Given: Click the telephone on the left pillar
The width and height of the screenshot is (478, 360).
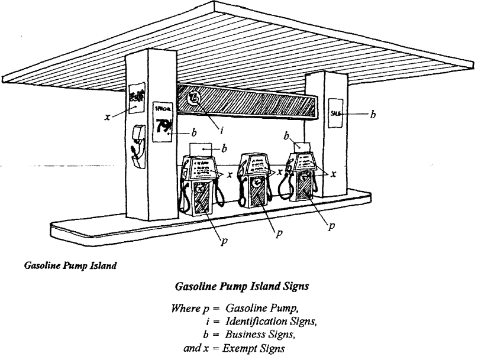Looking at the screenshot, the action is click(x=137, y=142).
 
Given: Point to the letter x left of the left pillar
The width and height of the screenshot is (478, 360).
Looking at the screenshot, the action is click(x=107, y=117).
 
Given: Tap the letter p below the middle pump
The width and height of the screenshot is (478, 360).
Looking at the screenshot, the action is click(x=277, y=233).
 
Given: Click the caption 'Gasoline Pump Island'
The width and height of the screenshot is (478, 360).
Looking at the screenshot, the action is click(x=70, y=265).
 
